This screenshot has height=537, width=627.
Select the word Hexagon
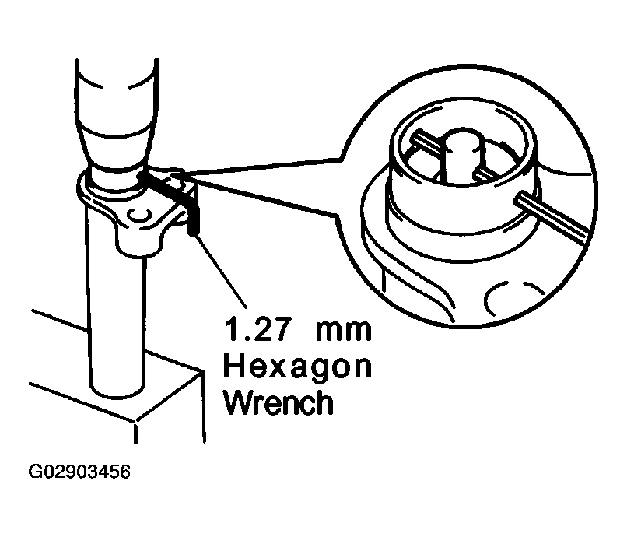[x=297, y=366]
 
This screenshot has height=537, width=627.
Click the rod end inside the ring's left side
[x=421, y=140]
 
